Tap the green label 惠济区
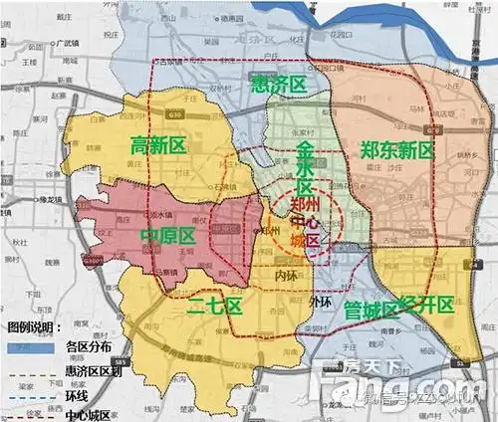(x=278, y=85)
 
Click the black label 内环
(x=286, y=273)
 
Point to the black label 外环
(x=321, y=301)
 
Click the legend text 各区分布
(x=85, y=347)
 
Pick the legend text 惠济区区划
(x=90, y=370)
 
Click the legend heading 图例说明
(x=34, y=325)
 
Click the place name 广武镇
(x=68, y=43)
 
